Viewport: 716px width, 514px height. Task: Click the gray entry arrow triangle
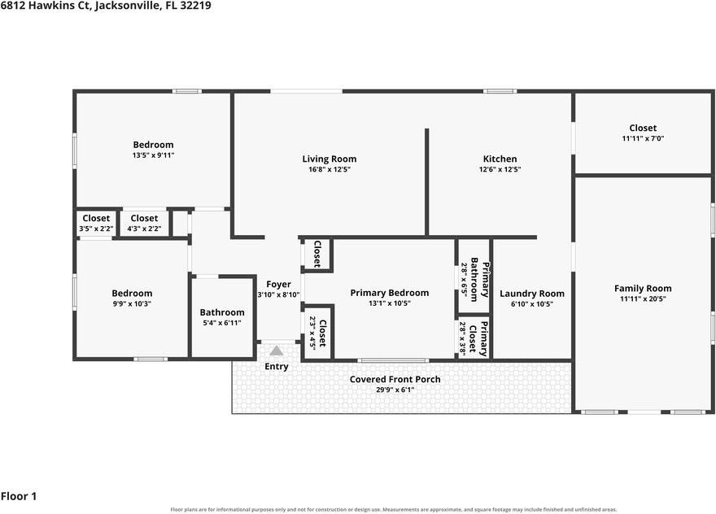pyautogui.click(x=277, y=351)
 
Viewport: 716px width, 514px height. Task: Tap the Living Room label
pyautogui.click(x=330, y=159)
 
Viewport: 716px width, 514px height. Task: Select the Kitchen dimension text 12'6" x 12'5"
pyautogui.click(x=500, y=169)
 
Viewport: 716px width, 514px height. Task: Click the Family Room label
pyautogui.click(x=643, y=289)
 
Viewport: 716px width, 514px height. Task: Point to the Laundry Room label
pyautogui.click(x=532, y=294)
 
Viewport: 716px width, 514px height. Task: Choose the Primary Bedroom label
pyautogui.click(x=390, y=293)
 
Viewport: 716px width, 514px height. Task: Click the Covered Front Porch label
pyautogui.click(x=395, y=379)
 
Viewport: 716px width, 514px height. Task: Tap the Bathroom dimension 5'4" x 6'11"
pyautogui.click(x=222, y=323)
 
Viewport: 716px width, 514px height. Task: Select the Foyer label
pyautogui.click(x=278, y=285)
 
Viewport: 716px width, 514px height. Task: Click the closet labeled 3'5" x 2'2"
pyautogui.click(x=96, y=229)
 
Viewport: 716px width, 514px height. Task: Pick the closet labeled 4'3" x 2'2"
pyautogui.click(x=144, y=229)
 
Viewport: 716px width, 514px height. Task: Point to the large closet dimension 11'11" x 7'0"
pyautogui.click(x=643, y=138)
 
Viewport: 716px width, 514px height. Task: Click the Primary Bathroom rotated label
pyautogui.click(x=480, y=280)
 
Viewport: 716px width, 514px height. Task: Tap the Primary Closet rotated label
pyautogui.click(x=478, y=338)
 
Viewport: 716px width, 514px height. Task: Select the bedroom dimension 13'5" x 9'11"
pyautogui.click(x=154, y=155)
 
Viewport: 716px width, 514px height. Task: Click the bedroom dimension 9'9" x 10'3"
pyautogui.click(x=132, y=303)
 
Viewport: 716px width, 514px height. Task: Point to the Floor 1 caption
pyautogui.click(x=19, y=496)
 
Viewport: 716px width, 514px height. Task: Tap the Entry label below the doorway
pyautogui.click(x=277, y=367)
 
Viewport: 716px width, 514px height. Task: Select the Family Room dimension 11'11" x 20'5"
pyautogui.click(x=643, y=299)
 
